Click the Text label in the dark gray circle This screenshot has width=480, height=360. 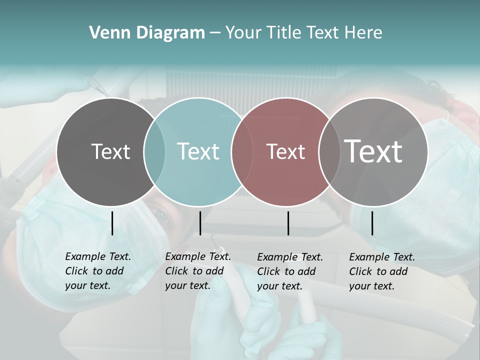click(x=110, y=151)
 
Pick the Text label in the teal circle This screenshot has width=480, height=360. click(x=198, y=151)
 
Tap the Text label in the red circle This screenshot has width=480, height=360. click(x=286, y=151)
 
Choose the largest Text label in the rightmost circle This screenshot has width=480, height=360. click(x=373, y=151)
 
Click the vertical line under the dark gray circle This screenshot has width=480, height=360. click(x=112, y=223)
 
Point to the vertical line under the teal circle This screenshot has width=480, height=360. click(x=200, y=223)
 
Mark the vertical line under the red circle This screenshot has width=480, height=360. click(x=288, y=223)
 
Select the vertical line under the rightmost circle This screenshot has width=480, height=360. click(x=372, y=223)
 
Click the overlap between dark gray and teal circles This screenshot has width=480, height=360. click(x=154, y=151)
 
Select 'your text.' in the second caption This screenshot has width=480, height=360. click(x=187, y=285)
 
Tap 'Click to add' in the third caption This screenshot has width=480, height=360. click(x=286, y=271)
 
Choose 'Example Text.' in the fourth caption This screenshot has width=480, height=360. click(x=382, y=257)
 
